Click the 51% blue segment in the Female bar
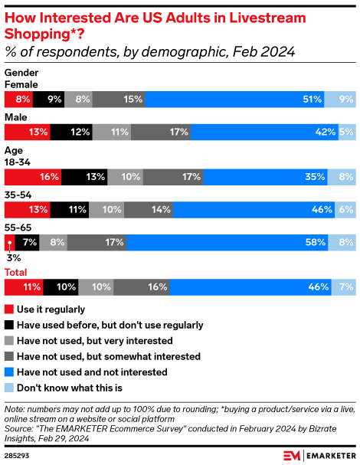tap(234, 99)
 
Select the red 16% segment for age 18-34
tap(33, 177)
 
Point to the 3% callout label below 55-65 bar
tap(11, 259)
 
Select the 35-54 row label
tap(18, 195)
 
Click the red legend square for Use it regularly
tap(9, 309)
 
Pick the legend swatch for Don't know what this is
tap(9, 388)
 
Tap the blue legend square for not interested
tap(9, 372)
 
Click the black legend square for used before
tap(9, 325)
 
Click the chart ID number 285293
tap(18, 455)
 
